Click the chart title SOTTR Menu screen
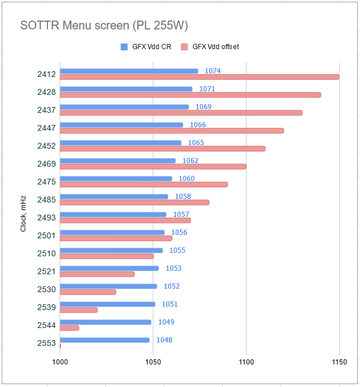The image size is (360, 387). (75, 25)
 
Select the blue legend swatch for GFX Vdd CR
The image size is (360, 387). (124, 47)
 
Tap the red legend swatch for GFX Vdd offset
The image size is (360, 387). (184, 47)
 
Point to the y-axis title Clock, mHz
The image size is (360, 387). (23, 213)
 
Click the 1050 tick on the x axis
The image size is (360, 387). (153, 362)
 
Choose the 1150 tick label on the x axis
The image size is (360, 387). (339, 362)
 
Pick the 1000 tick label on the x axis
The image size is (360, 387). (60, 362)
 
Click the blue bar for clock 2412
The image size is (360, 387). (129, 71)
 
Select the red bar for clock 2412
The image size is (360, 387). (200, 77)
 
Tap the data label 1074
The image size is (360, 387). (212, 71)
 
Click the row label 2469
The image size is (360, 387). (46, 164)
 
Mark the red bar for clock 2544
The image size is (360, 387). (69, 328)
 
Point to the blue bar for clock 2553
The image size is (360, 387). (105, 340)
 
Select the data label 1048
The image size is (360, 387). (164, 340)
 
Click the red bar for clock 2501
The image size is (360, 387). (116, 238)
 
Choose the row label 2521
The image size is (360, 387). (46, 271)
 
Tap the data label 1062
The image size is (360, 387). (190, 161)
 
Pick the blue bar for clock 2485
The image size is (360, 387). (114, 197)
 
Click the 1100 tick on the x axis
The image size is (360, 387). (246, 362)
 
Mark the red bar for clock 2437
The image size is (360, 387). (181, 113)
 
